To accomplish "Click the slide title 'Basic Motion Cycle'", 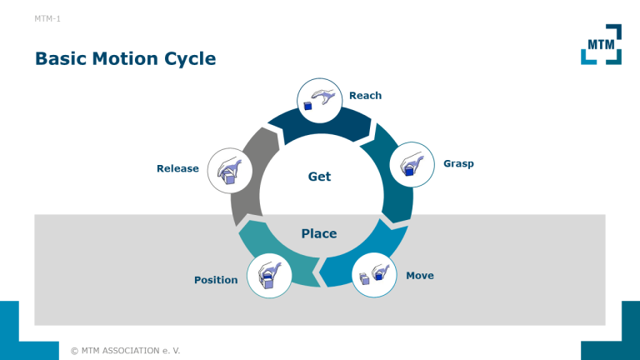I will click(x=125, y=58).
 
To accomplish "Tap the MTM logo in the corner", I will click(x=600, y=43).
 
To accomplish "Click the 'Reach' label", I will click(x=365, y=96).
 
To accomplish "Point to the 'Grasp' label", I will click(x=458, y=163).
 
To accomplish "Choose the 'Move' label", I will click(x=420, y=275).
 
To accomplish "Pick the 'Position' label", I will click(x=216, y=280).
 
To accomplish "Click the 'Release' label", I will click(x=177, y=168).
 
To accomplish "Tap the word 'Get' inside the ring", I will click(x=319, y=177).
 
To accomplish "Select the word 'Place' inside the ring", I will click(x=319, y=233).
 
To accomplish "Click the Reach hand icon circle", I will click(x=320, y=101).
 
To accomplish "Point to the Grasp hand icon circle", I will click(x=412, y=164).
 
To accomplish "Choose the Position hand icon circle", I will click(x=269, y=275).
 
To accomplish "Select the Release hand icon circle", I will click(x=229, y=170).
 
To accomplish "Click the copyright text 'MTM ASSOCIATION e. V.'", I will click(x=125, y=350).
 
